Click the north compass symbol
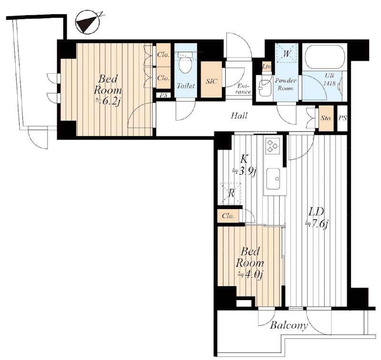click(88, 22)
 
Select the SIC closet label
click(211, 81)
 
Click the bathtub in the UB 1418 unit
click(324, 56)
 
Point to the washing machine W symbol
click(287, 53)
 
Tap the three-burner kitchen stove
click(272, 146)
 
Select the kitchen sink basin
click(273, 179)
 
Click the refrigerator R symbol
click(231, 194)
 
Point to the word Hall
click(239, 116)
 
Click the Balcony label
click(289, 325)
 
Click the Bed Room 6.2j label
click(108, 90)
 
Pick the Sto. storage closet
click(326, 118)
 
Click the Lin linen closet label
click(267, 67)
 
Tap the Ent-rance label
click(244, 89)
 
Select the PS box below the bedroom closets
click(163, 95)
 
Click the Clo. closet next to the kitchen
click(228, 216)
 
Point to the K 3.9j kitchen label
click(244, 166)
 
